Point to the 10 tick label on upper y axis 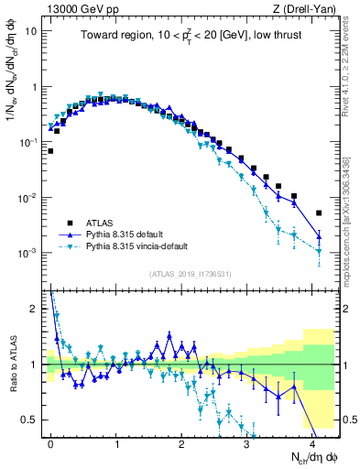coord(31,31)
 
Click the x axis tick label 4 coord(312,442)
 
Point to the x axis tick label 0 coord(51,442)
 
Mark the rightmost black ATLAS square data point coord(319,213)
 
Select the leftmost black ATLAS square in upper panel coord(50,151)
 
